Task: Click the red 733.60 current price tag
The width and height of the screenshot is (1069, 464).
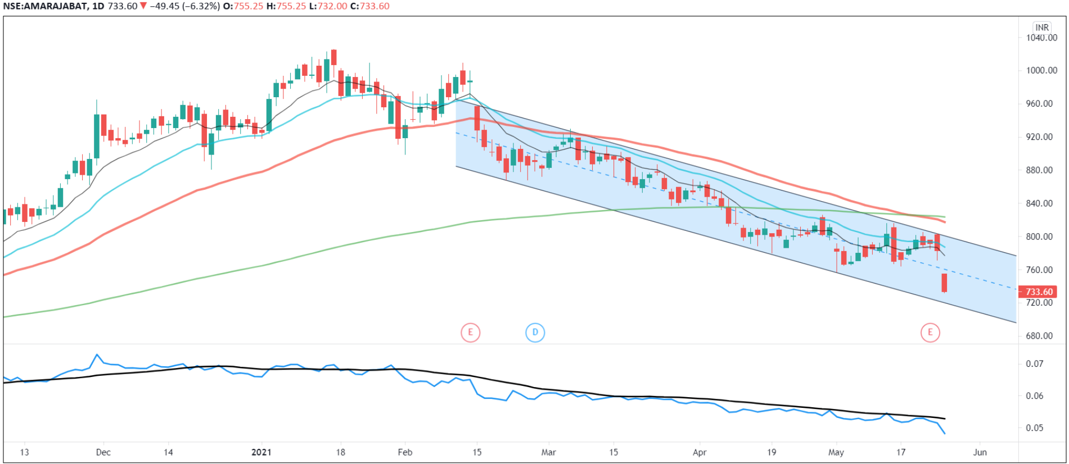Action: (x=1039, y=292)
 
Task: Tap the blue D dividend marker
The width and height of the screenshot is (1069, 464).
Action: (x=535, y=333)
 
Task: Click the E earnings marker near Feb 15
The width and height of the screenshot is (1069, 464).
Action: (x=470, y=333)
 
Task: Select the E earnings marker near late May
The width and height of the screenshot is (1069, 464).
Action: (x=930, y=333)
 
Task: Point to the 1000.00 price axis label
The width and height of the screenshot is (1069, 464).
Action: (x=1041, y=70)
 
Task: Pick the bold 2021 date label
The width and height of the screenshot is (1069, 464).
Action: (x=261, y=452)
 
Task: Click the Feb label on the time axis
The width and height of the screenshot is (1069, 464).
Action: (x=405, y=452)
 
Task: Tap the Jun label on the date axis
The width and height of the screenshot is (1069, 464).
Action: (x=980, y=452)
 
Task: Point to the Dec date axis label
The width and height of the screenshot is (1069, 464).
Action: (x=103, y=452)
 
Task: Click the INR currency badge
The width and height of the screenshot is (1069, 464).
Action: (x=1042, y=27)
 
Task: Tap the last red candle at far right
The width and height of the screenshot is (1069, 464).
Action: (x=944, y=283)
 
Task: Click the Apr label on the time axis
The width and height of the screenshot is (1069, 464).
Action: (x=700, y=452)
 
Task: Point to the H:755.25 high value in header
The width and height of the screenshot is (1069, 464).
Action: (x=286, y=6)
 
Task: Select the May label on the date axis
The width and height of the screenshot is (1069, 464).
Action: (x=836, y=452)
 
